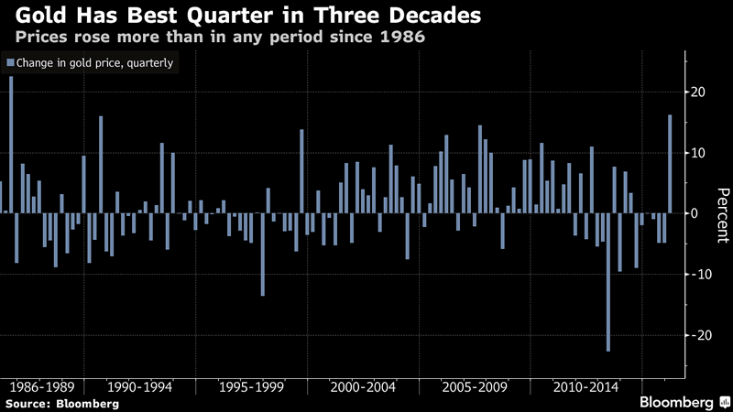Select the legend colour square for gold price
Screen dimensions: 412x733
tap(10, 63)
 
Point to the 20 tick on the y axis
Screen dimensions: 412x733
tap(696, 92)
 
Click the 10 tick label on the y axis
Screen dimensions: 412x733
tap(696, 153)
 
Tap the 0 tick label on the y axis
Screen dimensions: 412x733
tap(694, 213)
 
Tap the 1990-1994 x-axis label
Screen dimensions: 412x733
tap(144, 386)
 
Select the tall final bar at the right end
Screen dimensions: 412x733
tap(670, 164)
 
